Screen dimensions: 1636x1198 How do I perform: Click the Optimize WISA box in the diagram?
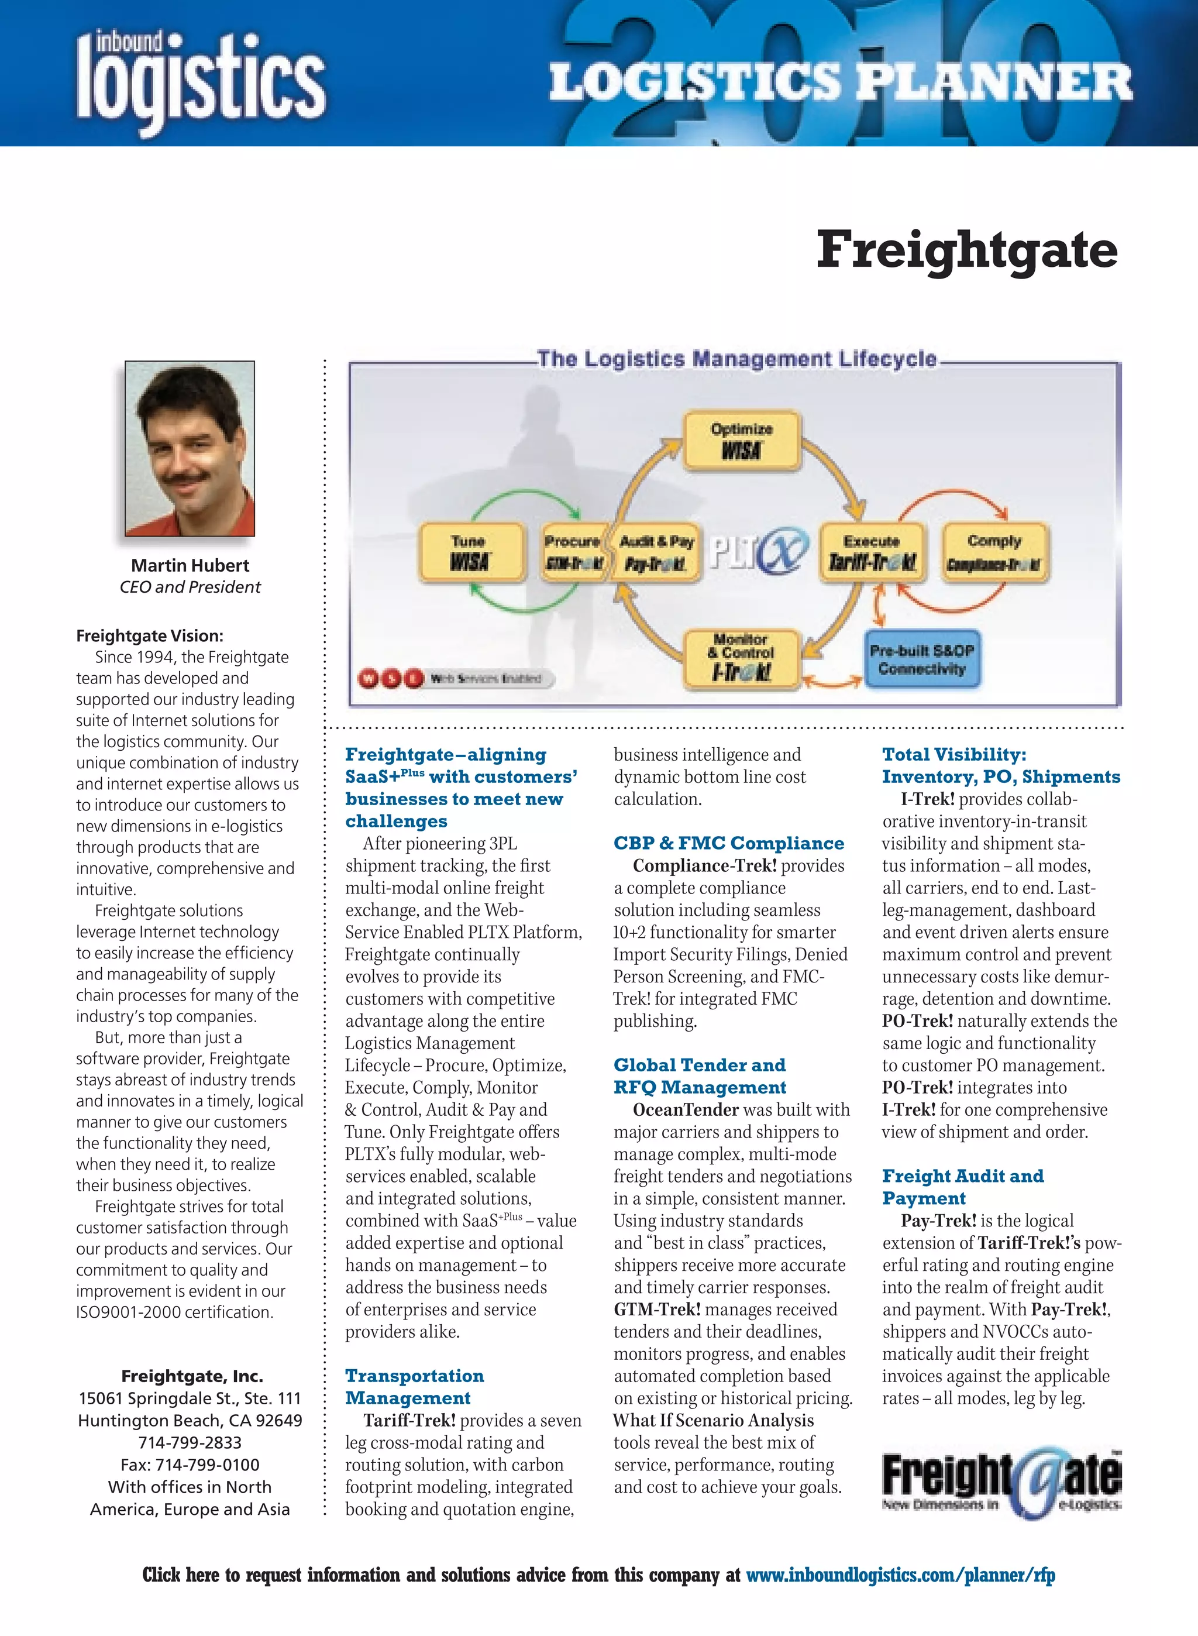point(741,440)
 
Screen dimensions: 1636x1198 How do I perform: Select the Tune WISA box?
point(470,552)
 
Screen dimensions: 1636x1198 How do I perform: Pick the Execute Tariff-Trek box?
point(872,552)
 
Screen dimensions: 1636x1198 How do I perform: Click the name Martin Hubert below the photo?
point(190,565)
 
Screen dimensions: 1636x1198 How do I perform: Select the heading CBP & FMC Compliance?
point(729,843)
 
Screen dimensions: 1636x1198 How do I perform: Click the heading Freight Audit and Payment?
point(962,1187)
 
